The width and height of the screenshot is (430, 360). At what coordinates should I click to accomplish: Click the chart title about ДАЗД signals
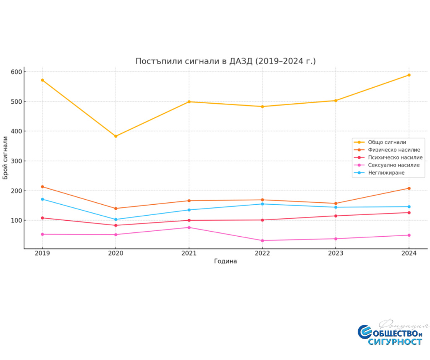pos(225,61)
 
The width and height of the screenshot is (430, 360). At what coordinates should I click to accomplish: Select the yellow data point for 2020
pos(115,136)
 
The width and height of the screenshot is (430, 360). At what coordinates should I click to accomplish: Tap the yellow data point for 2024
pos(409,75)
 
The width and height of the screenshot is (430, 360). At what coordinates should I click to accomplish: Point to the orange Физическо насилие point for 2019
pos(42,187)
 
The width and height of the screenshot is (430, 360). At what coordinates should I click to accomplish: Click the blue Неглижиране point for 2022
pos(262,204)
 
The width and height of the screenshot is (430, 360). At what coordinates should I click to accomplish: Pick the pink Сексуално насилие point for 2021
pos(189,227)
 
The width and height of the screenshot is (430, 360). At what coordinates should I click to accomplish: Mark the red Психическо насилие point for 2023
pos(336,216)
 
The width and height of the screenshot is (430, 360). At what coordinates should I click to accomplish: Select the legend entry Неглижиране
pos(386,172)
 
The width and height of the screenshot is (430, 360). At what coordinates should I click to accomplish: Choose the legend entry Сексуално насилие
pos(393,165)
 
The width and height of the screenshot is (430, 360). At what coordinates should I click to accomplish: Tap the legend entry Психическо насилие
pos(395,157)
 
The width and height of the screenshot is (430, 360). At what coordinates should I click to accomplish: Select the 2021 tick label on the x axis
pos(189,253)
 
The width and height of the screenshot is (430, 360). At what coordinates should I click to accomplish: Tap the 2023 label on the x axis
pos(336,253)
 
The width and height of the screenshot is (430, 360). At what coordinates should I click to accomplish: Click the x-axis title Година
pos(225,261)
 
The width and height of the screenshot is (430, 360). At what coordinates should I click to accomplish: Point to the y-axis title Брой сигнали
pos(5,158)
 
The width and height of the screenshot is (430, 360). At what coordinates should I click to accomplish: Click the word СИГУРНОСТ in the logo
pos(395,342)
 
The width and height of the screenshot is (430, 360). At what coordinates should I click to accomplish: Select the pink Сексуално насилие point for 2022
pos(262,240)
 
